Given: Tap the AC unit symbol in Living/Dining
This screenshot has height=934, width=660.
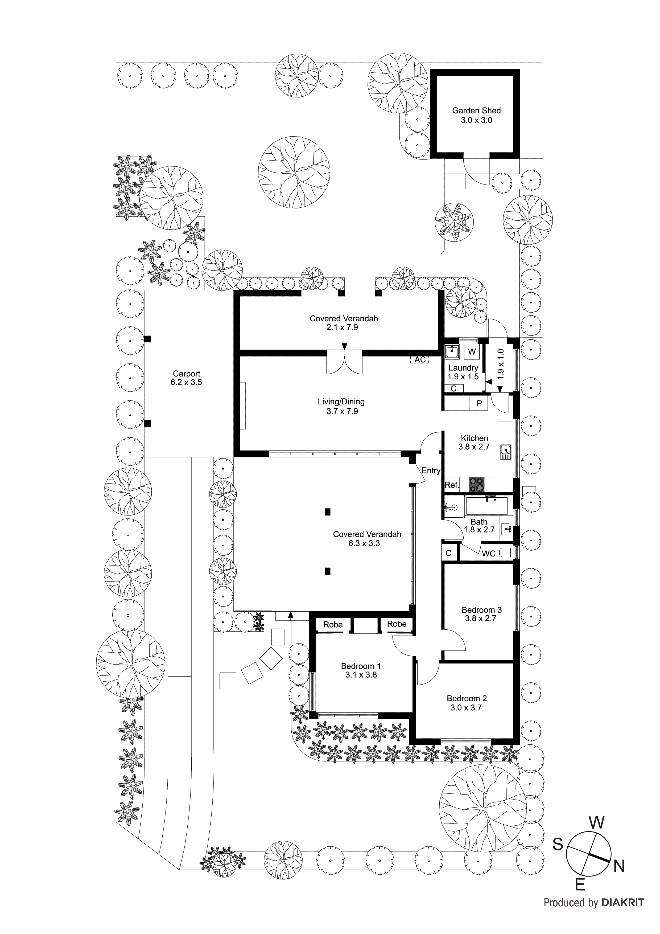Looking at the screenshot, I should (x=420, y=360).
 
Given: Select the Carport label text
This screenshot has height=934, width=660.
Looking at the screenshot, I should (x=186, y=374).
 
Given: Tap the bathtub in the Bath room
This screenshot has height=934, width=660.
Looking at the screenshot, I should (x=487, y=505).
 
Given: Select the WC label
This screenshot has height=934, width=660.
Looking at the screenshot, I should (x=488, y=554).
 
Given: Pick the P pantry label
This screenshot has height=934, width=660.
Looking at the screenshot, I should (x=479, y=404).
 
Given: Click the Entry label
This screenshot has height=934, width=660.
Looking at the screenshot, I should (x=431, y=471).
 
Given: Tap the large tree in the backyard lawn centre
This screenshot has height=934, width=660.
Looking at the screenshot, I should (x=294, y=172).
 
